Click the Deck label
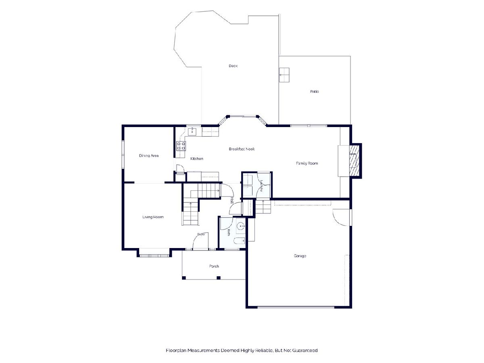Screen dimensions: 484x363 (x=233, y=66)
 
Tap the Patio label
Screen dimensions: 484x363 (x=314, y=92)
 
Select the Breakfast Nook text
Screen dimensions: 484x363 (x=242, y=149)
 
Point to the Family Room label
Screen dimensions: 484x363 (x=307, y=163)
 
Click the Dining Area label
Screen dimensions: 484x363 (x=148, y=156)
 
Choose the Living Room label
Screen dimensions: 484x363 (x=153, y=217)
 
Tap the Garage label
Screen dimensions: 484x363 (x=300, y=256)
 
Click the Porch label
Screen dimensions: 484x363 (x=214, y=266)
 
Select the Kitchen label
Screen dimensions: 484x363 (x=197, y=159)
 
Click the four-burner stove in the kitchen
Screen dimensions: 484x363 (x=181, y=146)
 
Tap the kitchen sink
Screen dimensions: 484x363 (x=192, y=131)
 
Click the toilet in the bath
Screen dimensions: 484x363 (x=240, y=241)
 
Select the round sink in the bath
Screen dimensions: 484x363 (x=240, y=226)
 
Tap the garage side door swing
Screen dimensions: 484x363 (x=341, y=217)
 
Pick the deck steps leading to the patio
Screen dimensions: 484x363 (x=284, y=75)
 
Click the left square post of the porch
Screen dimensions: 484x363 (x=184, y=278)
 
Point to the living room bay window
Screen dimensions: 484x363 (x=154, y=256)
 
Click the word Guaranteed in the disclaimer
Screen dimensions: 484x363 (x=305, y=350)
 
